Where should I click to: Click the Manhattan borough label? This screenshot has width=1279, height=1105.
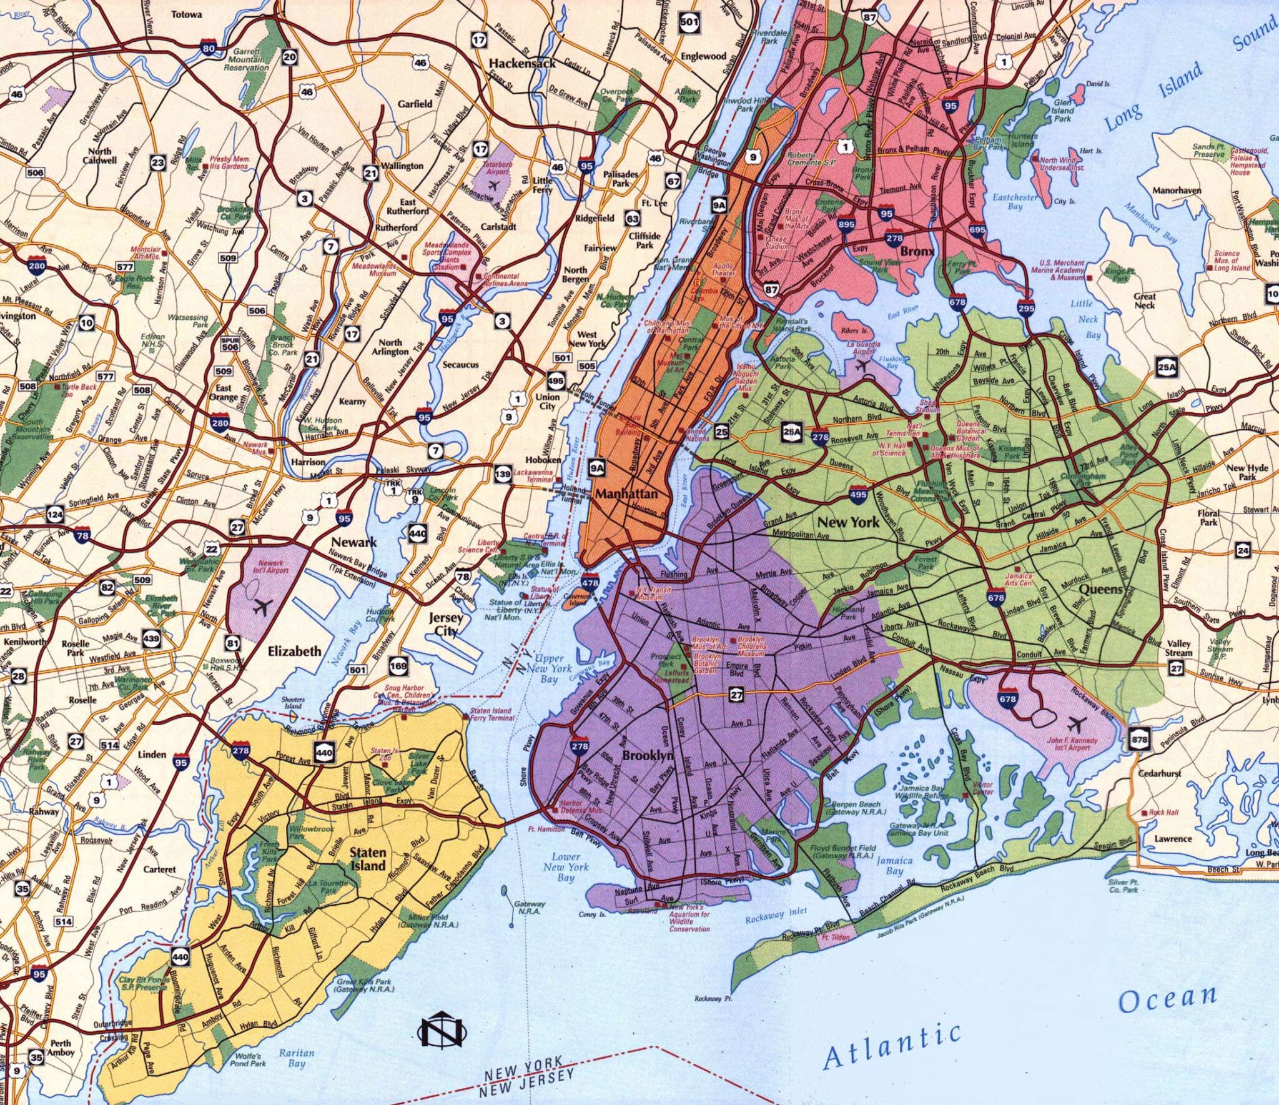point(626,494)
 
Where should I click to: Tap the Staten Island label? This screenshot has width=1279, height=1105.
point(367,859)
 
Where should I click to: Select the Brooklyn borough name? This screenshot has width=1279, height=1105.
point(648,756)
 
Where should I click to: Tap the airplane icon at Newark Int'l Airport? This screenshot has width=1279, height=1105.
point(262,605)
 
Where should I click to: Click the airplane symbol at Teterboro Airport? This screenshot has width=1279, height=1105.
point(494,185)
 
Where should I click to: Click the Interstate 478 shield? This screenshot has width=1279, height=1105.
point(590,582)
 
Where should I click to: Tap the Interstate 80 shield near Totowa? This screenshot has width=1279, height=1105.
point(209,47)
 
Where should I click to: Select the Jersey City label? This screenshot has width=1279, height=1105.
point(446,624)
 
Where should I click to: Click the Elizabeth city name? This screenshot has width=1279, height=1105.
point(294,651)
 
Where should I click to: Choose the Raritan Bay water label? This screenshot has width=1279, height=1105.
point(296,1057)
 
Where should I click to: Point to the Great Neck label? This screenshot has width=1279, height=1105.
point(1144,301)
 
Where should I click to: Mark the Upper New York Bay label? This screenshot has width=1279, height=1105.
point(550,668)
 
